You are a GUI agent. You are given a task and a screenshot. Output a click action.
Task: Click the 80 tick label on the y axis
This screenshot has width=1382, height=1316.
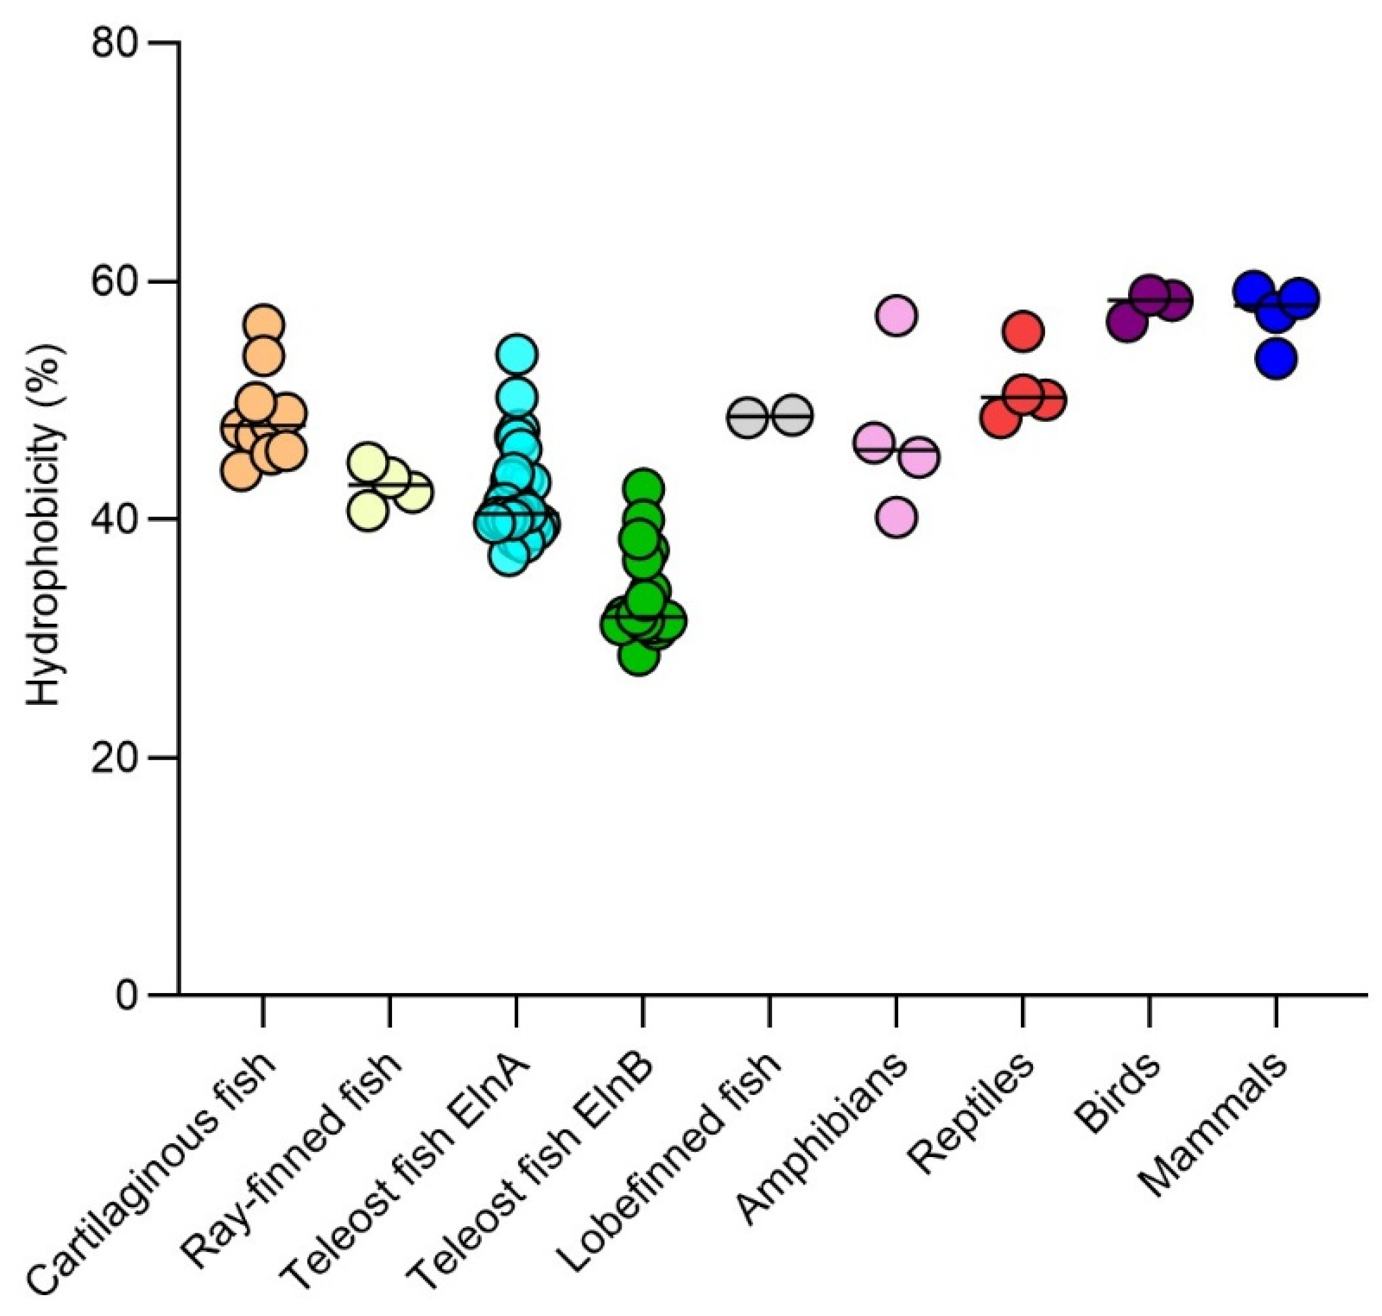pos(116,44)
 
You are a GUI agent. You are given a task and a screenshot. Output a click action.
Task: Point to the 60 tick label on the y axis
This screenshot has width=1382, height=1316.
pos(116,281)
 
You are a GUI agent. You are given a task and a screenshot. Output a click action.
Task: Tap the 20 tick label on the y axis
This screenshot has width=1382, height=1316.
pos(116,757)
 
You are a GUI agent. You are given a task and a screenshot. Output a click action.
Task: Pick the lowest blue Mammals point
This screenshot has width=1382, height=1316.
pos(1276,359)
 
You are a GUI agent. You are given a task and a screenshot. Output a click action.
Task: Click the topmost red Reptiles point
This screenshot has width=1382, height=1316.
pos(1023,332)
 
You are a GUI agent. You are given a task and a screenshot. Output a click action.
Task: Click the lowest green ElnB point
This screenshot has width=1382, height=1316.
pos(639,657)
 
